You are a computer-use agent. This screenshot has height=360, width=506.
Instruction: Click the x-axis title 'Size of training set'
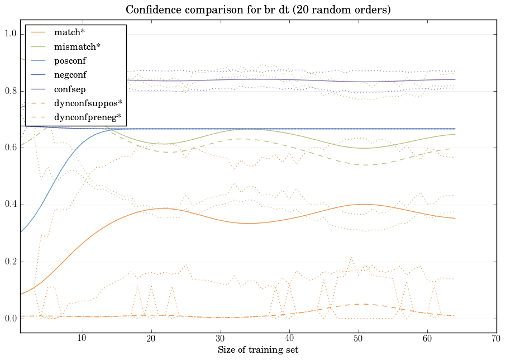point(258,350)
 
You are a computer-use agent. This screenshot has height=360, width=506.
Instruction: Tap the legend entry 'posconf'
point(70,60)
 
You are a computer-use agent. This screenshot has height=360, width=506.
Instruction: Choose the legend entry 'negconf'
point(70,75)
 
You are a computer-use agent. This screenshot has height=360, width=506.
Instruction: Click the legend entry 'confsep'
point(70,89)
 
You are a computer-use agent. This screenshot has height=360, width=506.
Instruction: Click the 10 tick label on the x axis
point(82,339)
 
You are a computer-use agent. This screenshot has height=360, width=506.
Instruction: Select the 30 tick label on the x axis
point(221,339)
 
